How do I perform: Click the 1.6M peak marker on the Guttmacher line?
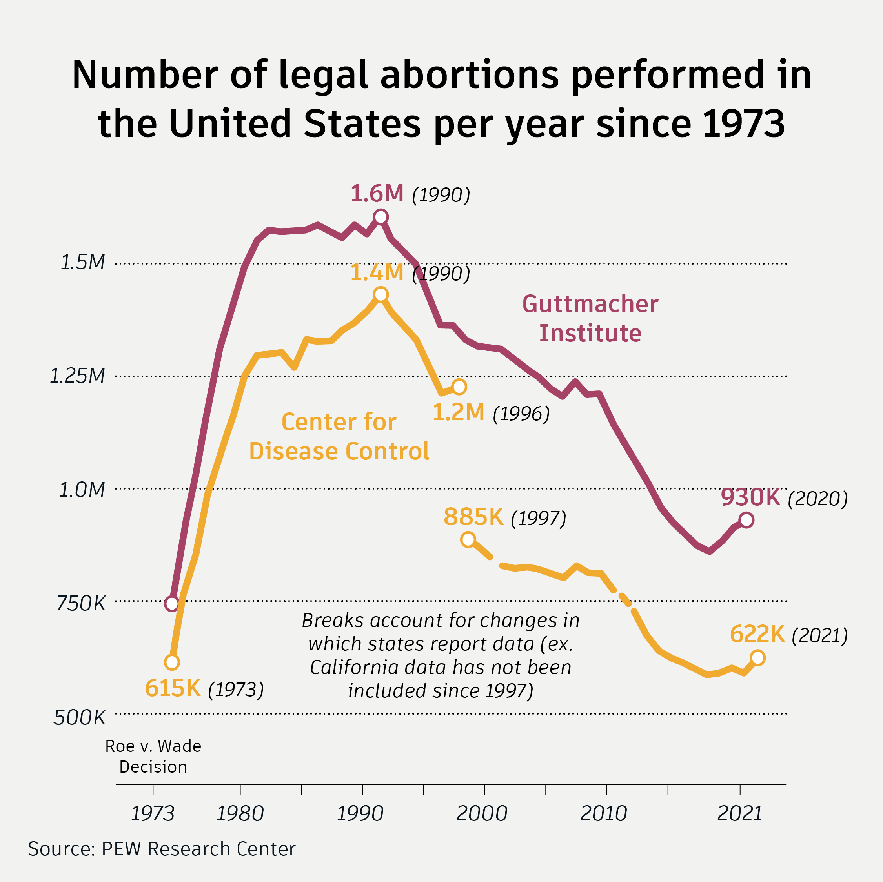(380, 217)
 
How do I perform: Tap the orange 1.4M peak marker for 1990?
(380, 295)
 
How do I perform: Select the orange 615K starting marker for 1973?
(172, 662)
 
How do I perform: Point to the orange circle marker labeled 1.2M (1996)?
(459, 387)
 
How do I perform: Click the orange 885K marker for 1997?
(468, 539)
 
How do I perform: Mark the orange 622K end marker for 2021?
(758, 658)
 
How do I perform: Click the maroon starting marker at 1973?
(171, 603)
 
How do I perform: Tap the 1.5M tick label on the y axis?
(83, 262)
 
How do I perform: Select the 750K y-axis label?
(81, 603)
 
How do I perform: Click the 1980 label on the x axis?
(240, 813)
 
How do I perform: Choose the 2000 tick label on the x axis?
(482, 813)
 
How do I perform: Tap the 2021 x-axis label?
(739, 813)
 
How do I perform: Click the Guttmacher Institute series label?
(590, 318)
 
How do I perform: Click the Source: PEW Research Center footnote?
(161, 849)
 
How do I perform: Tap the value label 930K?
(750, 497)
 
